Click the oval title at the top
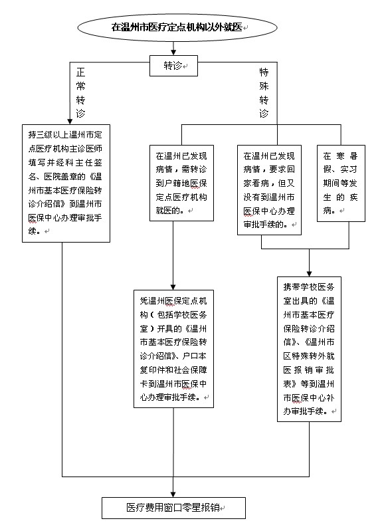(x=177, y=27)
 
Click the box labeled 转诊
(x=173, y=66)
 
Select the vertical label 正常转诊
(x=80, y=92)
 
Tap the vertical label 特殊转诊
(x=264, y=92)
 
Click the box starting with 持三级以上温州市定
(x=66, y=183)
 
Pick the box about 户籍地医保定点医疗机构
(x=181, y=183)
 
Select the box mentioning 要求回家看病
(x=269, y=190)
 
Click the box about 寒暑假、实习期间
(x=341, y=183)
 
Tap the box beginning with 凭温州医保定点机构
(x=173, y=349)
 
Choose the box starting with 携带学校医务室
(x=309, y=349)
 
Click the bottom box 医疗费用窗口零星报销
(x=173, y=508)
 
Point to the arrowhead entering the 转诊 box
(x=173, y=52)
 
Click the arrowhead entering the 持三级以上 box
(x=70, y=121)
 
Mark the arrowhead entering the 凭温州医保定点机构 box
(x=173, y=287)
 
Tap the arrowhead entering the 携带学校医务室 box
(x=309, y=274)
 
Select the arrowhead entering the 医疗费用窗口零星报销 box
(x=173, y=494)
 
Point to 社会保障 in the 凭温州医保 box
(x=190, y=370)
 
